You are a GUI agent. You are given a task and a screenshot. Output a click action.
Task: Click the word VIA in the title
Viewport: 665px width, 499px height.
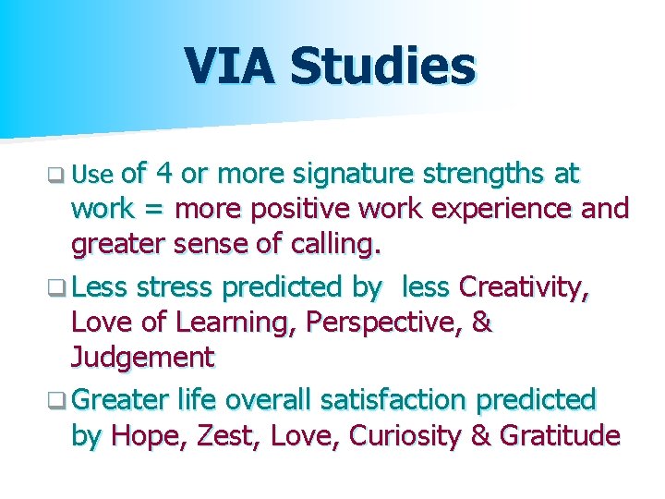click(x=230, y=67)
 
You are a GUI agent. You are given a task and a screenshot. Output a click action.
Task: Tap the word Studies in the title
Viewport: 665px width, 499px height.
click(x=381, y=67)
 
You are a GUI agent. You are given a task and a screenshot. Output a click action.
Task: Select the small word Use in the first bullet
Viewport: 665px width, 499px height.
click(x=91, y=175)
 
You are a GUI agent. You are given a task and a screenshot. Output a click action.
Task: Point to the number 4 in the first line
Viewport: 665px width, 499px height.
click(x=164, y=173)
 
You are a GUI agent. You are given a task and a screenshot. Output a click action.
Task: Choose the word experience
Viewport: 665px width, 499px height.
click(x=504, y=209)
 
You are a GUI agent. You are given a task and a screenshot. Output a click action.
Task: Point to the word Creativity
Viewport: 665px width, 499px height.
click(x=524, y=287)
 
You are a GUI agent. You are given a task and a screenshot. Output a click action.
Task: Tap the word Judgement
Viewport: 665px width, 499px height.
click(x=142, y=357)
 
